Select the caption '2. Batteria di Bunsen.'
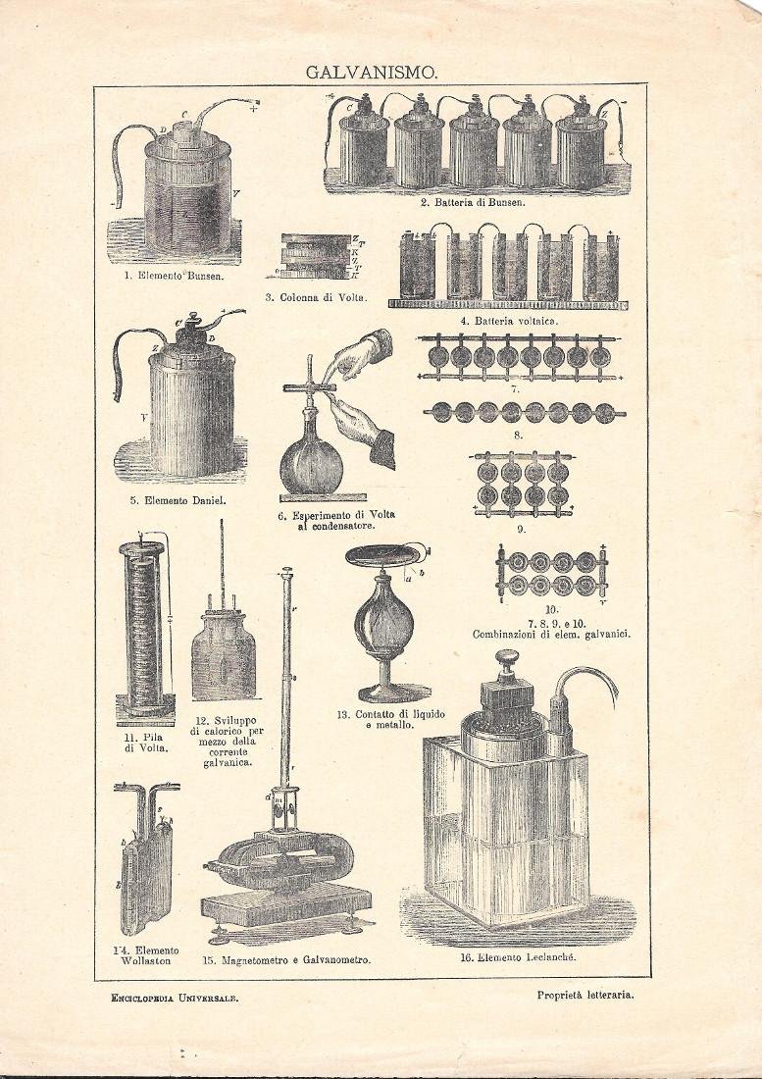(x=474, y=203)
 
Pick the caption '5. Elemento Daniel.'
(x=178, y=500)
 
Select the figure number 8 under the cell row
(x=519, y=435)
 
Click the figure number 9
(x=522, y=529)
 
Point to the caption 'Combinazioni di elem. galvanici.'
(x=551, y=635)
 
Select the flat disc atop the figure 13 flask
(x=386, y=556)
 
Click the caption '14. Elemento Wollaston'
(x=146, y=955)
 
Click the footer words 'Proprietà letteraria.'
(x=585, y=994)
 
